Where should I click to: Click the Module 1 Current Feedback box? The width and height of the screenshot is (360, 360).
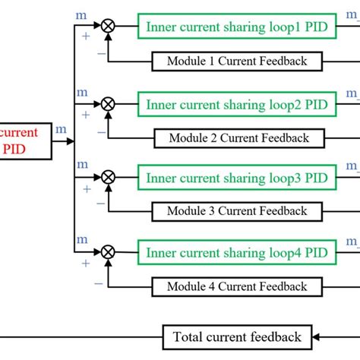tap(237, 61)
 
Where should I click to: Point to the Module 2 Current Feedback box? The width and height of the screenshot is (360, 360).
tap(237, 137)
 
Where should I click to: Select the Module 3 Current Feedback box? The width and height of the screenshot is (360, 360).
tap(237, 211)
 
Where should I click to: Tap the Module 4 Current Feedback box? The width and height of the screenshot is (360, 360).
tap(237, 286)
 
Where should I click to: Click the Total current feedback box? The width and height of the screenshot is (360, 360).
tap(237, 336)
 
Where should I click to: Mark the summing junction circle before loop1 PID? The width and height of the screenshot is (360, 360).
tap(109, 25)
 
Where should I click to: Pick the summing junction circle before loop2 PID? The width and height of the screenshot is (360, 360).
tap(109, 101)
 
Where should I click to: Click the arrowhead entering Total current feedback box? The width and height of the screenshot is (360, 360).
tap(317, 336)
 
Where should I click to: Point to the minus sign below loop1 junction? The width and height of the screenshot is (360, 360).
tap(102, 54)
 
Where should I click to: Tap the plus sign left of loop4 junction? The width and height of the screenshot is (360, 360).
tap(85, 264)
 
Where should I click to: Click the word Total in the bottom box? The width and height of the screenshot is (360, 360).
tap(189, 336)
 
